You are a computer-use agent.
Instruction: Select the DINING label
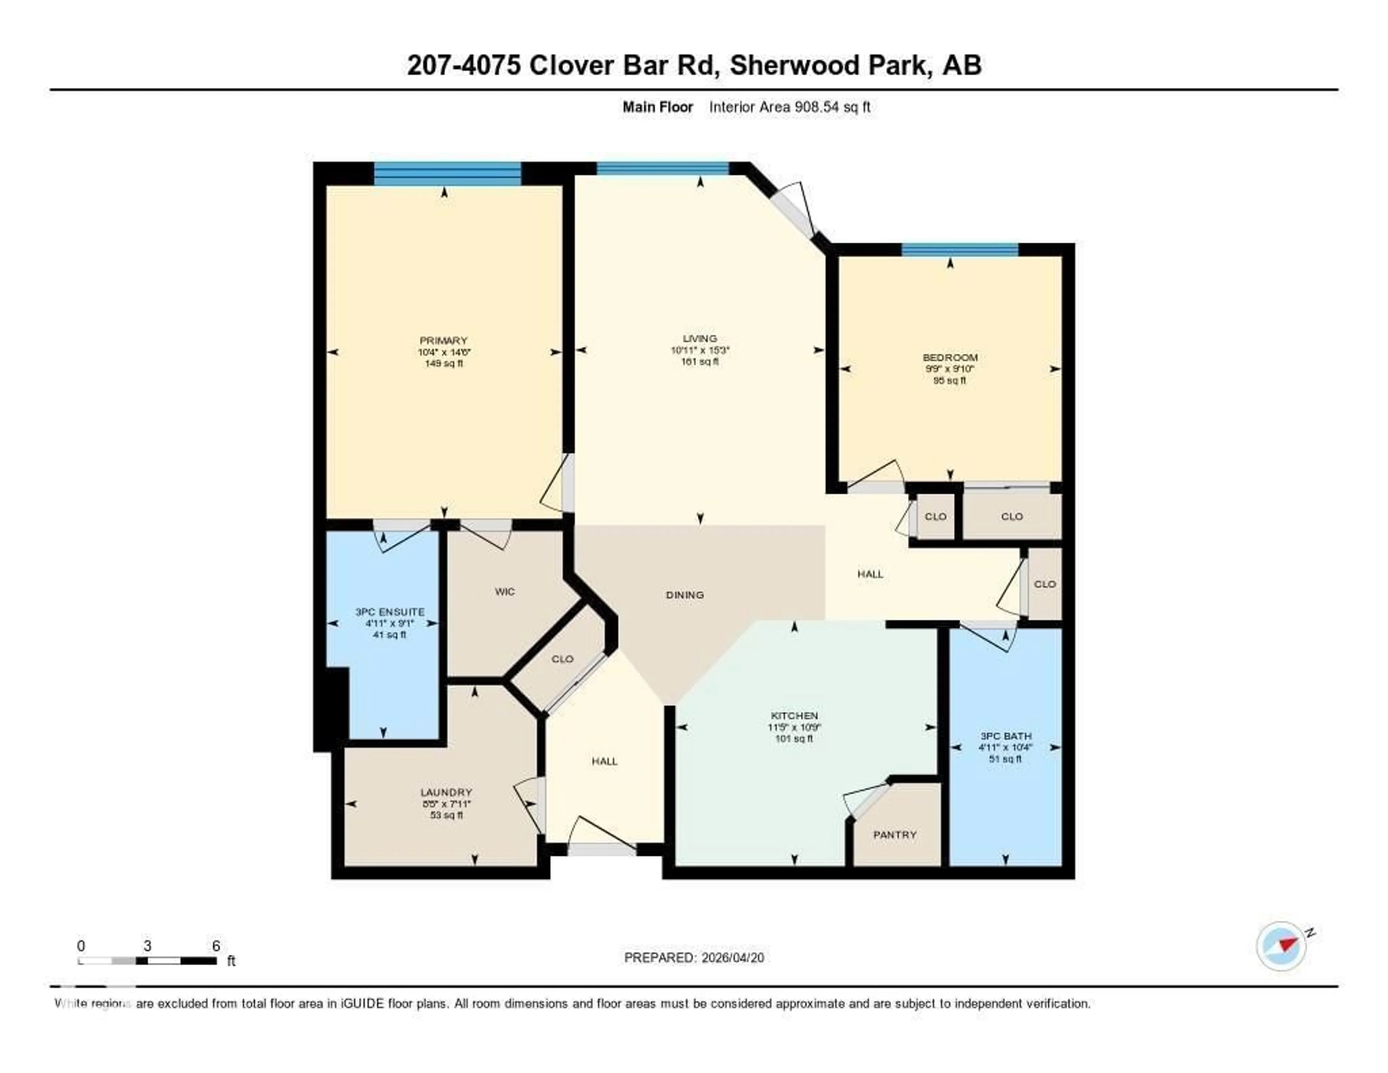tap(685, 595)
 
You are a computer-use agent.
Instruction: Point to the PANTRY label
tap(895, 835)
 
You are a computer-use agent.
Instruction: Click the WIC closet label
tap(505, 591)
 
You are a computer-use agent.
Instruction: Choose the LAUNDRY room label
tap(446, 792)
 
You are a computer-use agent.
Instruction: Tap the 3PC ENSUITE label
tap(390, 611)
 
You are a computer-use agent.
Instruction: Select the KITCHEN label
tap(794, 716)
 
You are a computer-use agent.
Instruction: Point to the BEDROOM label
tap(950, 357)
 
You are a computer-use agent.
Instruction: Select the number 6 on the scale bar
tap(216, 946)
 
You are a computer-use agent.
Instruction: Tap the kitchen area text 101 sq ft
tap(794, 738)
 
